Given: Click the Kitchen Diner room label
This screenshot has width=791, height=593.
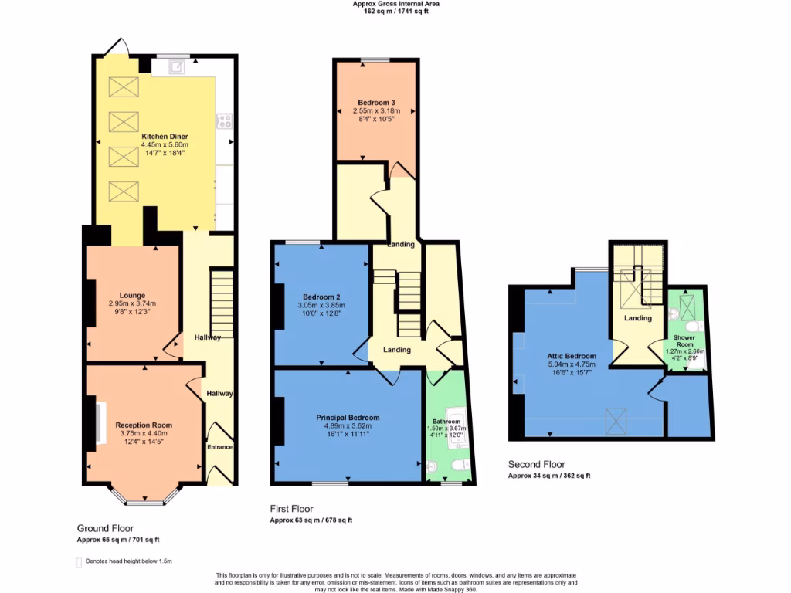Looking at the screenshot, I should [165, 137].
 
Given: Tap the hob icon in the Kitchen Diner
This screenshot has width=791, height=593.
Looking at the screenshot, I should [225, 120].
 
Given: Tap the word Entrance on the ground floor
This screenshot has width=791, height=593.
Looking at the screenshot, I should [219, 447].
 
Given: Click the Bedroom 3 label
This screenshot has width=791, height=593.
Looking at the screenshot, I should [376, 103].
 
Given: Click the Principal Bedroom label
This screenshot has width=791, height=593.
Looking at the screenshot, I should [348, 418].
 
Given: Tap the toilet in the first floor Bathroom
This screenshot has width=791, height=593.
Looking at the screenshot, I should [460, 465].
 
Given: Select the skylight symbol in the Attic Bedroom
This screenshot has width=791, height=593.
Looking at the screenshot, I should [616, 420].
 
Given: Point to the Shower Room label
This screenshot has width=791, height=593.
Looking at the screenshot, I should [684, 341].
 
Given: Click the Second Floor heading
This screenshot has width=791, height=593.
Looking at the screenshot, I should [537, 464].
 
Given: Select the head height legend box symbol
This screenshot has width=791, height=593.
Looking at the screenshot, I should [79, 561].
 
